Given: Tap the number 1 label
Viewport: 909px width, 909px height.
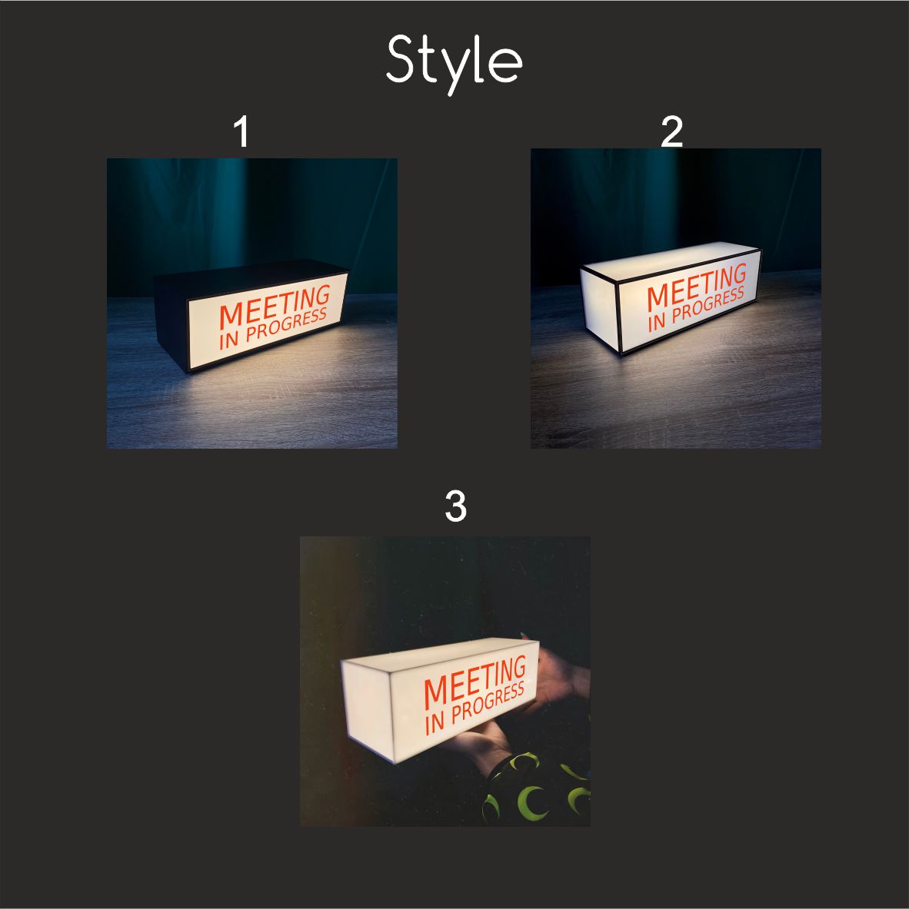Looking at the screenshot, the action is point(241,131).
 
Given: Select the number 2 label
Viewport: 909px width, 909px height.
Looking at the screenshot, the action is point(671,131).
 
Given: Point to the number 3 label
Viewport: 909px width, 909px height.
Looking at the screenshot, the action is point(455,506).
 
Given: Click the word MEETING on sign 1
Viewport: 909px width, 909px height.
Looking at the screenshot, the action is point(275,307).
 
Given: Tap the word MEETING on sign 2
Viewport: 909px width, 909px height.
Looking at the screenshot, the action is point(697,287).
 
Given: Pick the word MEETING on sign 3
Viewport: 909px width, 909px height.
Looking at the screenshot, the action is point(475,682).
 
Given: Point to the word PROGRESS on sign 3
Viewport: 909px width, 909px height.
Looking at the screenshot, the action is point(488,703).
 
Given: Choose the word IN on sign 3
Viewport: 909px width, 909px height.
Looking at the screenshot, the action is point(435,724).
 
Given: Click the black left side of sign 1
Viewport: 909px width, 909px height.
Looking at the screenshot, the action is point(171,323).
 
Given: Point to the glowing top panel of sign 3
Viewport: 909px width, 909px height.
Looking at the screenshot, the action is point(441,653).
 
